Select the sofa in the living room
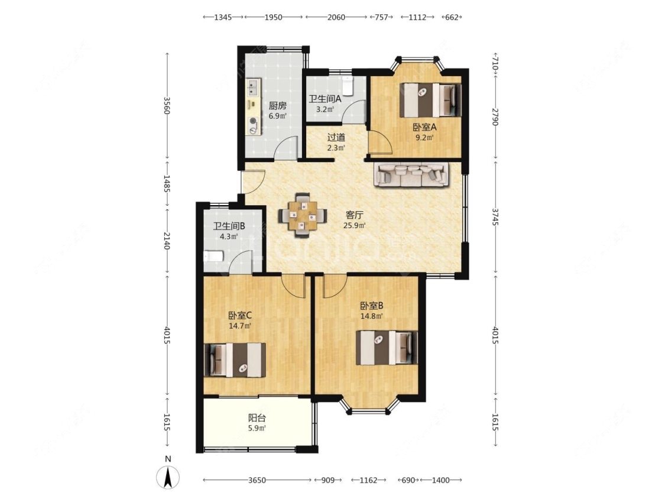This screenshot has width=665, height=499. pos(411,175)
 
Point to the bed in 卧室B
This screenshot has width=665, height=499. pos(387,348)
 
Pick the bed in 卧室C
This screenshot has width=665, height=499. pos(235,360)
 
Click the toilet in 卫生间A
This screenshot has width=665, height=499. pos(348,85)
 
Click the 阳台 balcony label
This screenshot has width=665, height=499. pos(257,418)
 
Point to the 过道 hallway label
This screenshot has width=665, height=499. pos(336,138)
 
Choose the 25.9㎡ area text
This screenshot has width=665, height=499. pos(355,225)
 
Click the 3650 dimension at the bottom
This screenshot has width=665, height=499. pos(257,480)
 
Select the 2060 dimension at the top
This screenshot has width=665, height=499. pos(336,17)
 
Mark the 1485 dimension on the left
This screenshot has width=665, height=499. pos(167,184)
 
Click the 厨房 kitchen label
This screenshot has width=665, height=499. pos(277,106)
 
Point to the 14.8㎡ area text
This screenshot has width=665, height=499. pos(372,316)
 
